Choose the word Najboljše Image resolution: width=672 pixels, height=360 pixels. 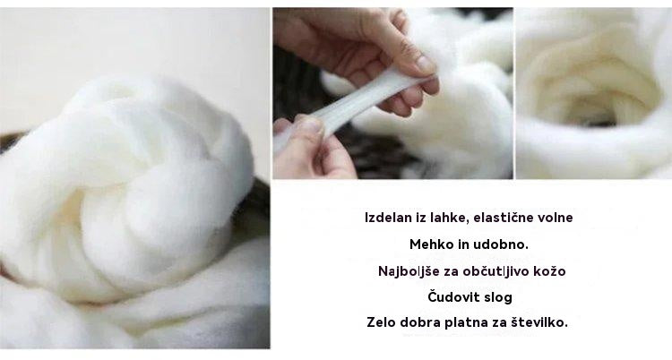click(x=411, y=270)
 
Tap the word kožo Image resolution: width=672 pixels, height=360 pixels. click(x=548, y=270)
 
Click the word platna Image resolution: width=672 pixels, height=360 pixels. click(x=468, y=321)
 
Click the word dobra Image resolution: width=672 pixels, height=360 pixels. click(x=424, y=321)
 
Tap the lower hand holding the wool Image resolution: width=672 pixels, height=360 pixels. click(x=309, y=148)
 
